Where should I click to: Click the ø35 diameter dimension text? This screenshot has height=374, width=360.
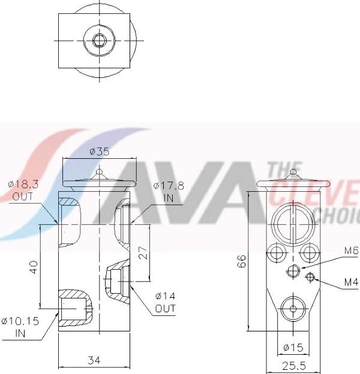[x=99, y=152]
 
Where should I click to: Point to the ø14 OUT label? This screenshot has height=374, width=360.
[x=165, y=303]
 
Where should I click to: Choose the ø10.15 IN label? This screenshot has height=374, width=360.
[x=20, y=327]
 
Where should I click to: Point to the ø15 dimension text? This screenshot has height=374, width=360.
[x=292, y=348]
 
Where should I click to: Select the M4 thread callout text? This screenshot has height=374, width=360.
[x=351, y=282]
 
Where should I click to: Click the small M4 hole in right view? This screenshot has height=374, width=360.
[x=311, y=276]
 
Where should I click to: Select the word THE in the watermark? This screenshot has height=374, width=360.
[x=280, y=170]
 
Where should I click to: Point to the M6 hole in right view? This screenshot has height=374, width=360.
[x=292, y=271]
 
